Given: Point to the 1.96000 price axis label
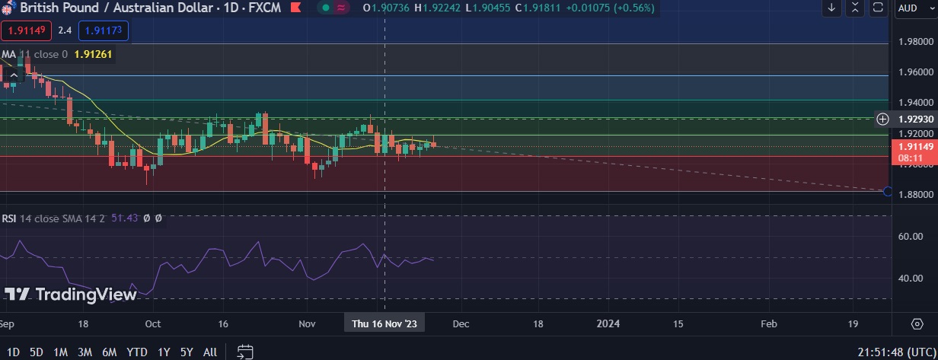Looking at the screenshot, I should click(x=916, y=72).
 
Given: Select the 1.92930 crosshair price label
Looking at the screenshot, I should click(x=915, y=119).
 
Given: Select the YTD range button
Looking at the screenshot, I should click(x=136, y=352).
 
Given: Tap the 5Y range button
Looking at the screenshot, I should click(x=187, y=352).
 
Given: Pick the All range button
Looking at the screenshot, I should click(x=210, y=352).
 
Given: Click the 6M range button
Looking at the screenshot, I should click(x=109, y=352).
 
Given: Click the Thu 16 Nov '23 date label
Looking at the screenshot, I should click(x=384, y=323).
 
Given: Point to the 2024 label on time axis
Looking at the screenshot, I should click(x=608, y=323).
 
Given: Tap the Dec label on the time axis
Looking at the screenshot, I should click(x=460, y=323).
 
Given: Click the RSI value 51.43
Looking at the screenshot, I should click(x=124, y=218).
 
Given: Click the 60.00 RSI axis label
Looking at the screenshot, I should click(x=911, y=237).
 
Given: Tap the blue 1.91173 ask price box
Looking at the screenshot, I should click(x=104, y=31).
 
